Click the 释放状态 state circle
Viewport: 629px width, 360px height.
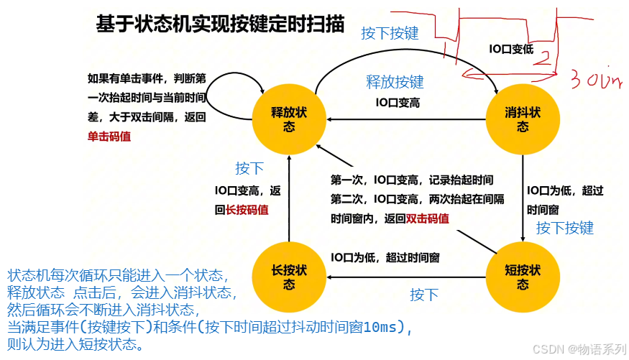[x=288, y=119]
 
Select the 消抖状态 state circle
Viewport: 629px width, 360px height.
[x=523, y=119]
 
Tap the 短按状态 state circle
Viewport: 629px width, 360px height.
[x=523, y=277]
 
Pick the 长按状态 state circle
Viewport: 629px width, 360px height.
[x=288, y=277]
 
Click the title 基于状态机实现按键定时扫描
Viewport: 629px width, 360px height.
[x=221, y=24]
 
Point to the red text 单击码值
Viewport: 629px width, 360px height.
[x=109, y=136]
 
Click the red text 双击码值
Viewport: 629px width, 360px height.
[x=428, y=218]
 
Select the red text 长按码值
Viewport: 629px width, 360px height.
[x=247, y=210]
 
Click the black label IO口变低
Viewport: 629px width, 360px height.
[x=511, y=49]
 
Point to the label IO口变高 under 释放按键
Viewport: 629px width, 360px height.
[x=398, y=103]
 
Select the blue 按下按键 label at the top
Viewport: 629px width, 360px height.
[x=389, y=33]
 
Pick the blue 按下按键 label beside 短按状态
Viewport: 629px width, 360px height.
[x=565, y=228]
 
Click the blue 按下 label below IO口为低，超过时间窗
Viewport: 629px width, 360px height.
[x=424, y=295]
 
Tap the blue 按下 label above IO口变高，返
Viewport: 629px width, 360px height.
[x=249, y=168]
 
